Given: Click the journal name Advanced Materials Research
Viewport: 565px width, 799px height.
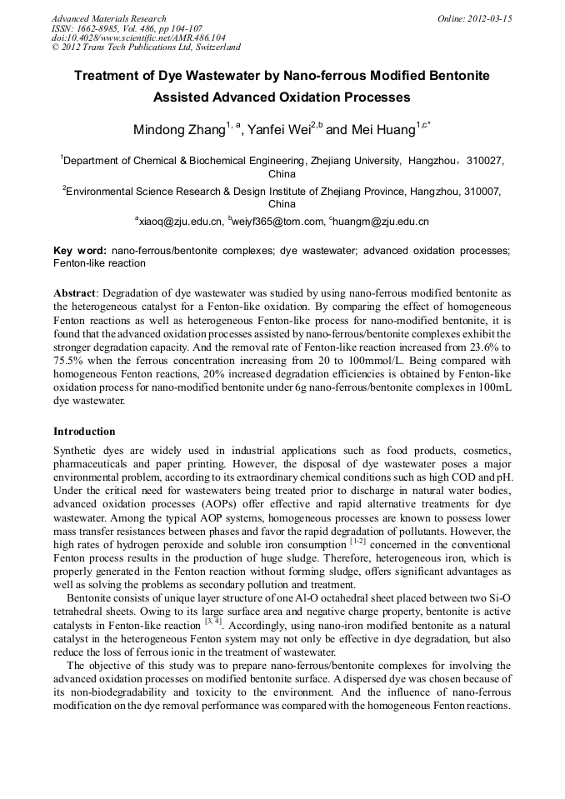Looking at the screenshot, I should [x=108, y=18].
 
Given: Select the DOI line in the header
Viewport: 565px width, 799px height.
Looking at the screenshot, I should [x=137, y=38].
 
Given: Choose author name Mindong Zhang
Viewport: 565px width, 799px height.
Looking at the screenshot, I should [x=179, y=130].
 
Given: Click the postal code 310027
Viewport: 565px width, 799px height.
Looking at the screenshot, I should [x=485, y=161].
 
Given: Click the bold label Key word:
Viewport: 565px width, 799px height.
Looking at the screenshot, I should [x=80, y=250].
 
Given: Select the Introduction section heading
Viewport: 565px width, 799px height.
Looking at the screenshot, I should [x=84, y=432].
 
